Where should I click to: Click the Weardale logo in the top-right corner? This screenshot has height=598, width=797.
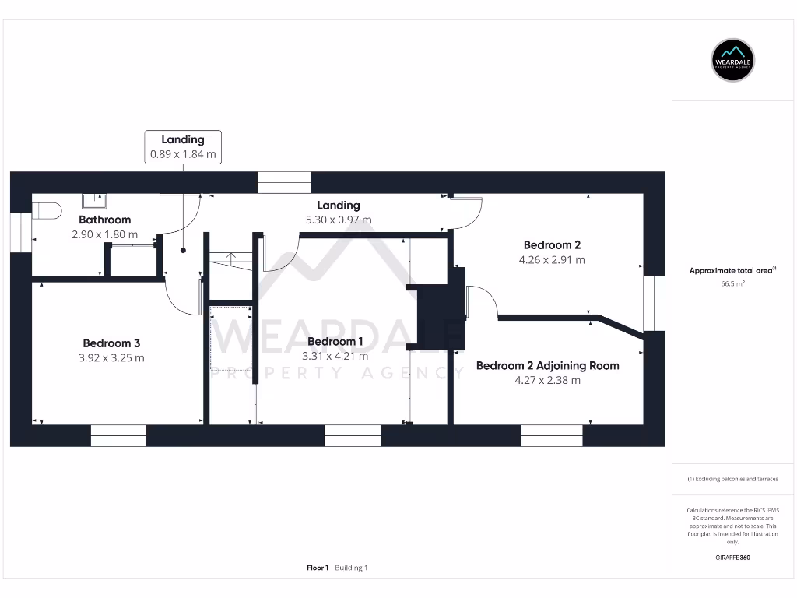coord(733,60)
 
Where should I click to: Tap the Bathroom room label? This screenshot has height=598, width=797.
coord(104,220)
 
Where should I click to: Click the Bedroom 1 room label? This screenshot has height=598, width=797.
coord(335,341)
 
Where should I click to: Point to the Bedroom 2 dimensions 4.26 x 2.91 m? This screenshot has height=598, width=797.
coord(552,260)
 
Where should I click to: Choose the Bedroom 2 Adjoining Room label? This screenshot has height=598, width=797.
coord(547,365)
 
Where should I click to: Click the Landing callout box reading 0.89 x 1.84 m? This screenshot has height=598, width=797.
coord(183,146)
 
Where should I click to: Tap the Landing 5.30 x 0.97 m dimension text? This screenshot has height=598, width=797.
coord(339,220)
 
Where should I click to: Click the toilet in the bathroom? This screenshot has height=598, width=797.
coord(47,211)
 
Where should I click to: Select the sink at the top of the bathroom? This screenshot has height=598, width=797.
coord(95,202)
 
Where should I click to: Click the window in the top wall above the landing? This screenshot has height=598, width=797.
coord(284,182)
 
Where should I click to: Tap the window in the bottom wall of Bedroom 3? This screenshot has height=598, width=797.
coord(118,436)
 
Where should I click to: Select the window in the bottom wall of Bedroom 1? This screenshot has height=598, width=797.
coord(352,436)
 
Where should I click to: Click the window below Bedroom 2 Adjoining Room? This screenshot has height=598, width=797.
coord(551,436)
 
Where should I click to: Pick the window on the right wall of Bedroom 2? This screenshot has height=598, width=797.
coord(655,303)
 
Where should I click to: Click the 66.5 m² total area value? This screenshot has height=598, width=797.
coord(732,285)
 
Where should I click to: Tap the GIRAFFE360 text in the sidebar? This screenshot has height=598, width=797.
coord(732,558)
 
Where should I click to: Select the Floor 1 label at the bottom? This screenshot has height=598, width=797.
coord(318,568)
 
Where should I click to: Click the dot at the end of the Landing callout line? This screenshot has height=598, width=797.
coord(184,251)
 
